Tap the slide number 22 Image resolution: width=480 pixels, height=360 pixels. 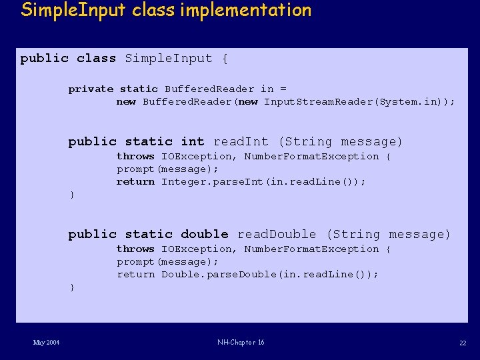tap(463, 343)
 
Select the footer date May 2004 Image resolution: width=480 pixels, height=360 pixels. tap(47, 343)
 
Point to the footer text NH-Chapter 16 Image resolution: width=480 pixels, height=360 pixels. tap(241, 343)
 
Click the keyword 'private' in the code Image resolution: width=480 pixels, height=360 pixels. tap(91, 89)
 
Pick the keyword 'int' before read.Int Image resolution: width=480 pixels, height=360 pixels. tap(193, 141)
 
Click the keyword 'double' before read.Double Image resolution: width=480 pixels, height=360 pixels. tap(205, 234)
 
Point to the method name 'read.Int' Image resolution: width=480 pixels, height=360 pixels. tap(241, 141)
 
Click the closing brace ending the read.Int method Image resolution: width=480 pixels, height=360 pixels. tap(72, 195)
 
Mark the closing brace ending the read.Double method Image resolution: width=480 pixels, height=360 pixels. tap(72, 287)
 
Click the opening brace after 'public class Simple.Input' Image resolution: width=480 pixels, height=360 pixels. tap(225, 59)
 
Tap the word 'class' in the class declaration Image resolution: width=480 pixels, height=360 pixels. tap(96, 59)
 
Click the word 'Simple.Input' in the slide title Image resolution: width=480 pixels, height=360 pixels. tap(67, 10)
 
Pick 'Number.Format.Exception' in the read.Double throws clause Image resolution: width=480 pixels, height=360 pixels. tap(311, 249)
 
